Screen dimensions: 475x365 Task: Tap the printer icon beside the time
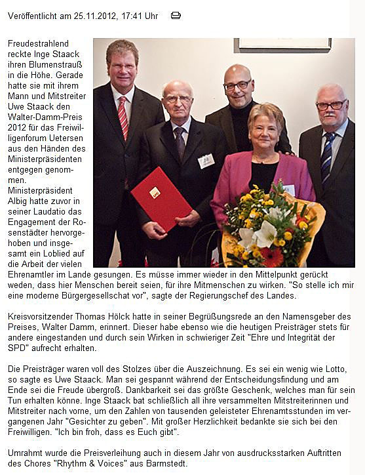pos(176,15)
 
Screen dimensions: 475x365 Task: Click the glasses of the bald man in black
pos(237,86)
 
